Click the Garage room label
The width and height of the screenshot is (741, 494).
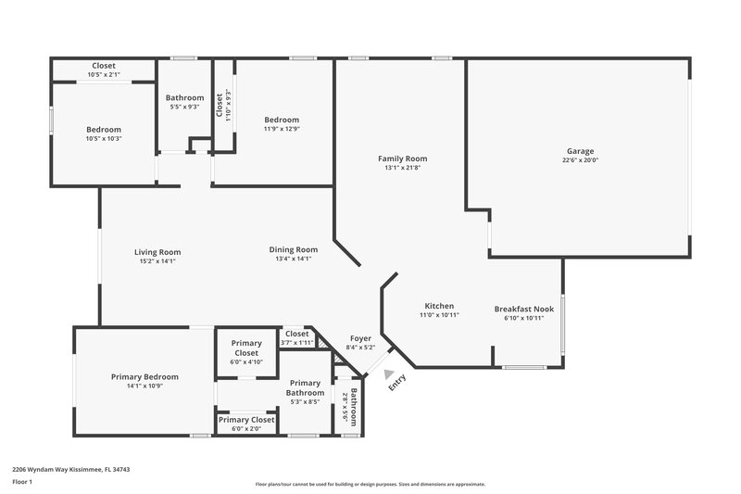point(581,151)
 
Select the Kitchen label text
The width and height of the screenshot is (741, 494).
point(439,306)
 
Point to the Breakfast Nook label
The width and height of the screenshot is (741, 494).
point(523,309)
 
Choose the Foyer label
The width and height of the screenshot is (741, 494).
point(360,338)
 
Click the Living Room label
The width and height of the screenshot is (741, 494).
point(157,252)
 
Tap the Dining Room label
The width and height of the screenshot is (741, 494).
point(293,249)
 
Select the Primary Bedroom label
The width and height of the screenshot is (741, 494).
point(144,377)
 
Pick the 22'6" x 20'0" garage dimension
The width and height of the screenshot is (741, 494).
point(581,159)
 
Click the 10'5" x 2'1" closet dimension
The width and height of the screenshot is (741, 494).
point(103,75)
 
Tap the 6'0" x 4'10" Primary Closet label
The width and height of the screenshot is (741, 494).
point(245,361)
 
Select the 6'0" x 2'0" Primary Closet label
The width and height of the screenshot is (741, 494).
point(246,428)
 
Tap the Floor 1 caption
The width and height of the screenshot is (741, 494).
point(22,483)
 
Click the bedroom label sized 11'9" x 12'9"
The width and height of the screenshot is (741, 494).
point(281,120)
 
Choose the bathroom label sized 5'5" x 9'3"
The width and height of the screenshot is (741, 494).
point(184,102)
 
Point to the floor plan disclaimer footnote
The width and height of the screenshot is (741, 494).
point(370,484)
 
